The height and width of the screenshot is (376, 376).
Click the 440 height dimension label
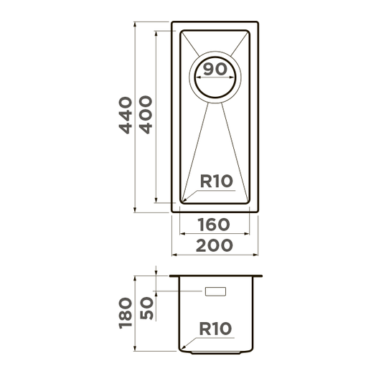pyautogui.click(x=126, y=115)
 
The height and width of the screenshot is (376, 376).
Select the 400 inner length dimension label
pyautogui.click(x=146, y=115)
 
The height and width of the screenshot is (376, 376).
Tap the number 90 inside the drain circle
pyautogui.click(x=215, y=70)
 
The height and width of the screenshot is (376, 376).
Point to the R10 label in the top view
pyautogui.click(x=216, y=181)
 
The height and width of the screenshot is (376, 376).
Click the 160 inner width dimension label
pyautogui.click(x=214, y=225)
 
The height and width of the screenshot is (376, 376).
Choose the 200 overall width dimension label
pyautogui.click(x=215, y=245)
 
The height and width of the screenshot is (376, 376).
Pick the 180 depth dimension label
pyautogui.click(x=126, y=313)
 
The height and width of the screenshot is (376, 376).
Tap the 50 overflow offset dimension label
pyautogui.click(x=146, y=308)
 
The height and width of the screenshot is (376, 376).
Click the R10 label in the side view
pyautogui.click(x=215, y=329)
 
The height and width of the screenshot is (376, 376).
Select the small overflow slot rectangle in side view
pyautogui.click(x=215, y=291)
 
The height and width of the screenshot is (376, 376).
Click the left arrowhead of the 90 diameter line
pyautogui.click(x=198, y=77)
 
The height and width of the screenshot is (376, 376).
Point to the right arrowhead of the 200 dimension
pyautogui.click(x=255, y=255)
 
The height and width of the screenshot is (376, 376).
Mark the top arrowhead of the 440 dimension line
pyautogui.click(x=135, y=24)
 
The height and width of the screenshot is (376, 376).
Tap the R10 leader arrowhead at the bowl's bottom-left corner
pyautogui.click(x=184, y=199)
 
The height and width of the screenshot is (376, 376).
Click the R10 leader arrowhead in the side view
pyautogui.click(x=184, y=347)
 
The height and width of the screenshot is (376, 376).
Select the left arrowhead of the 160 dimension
pyautogui.click(x=182, y=233)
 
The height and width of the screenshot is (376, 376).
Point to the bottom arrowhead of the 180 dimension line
pyautogui.click(x=135, y=349)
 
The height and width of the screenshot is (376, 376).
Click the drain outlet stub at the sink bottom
pyautogui.click(x=215, y=352)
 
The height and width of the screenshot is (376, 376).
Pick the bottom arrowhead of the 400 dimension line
pyautogui.click(x=156, y=199)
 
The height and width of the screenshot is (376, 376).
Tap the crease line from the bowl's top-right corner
pyautogui.click(x=240, y=44)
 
